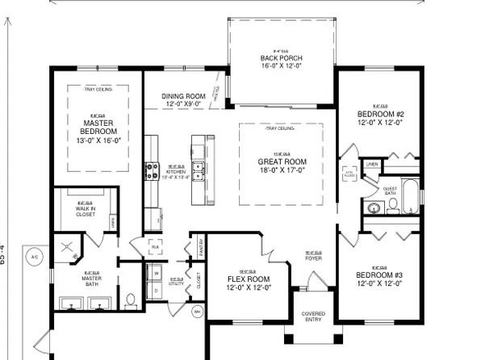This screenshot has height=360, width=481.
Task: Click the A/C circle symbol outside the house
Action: (x=34, y=257)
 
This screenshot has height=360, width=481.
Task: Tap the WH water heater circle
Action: (x=197, y=309)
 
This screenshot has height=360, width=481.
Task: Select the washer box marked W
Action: (x=155, y=272)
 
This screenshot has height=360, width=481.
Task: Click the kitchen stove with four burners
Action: (x=152, y=170)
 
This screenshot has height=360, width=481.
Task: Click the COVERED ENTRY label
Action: (x=313, y=317)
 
